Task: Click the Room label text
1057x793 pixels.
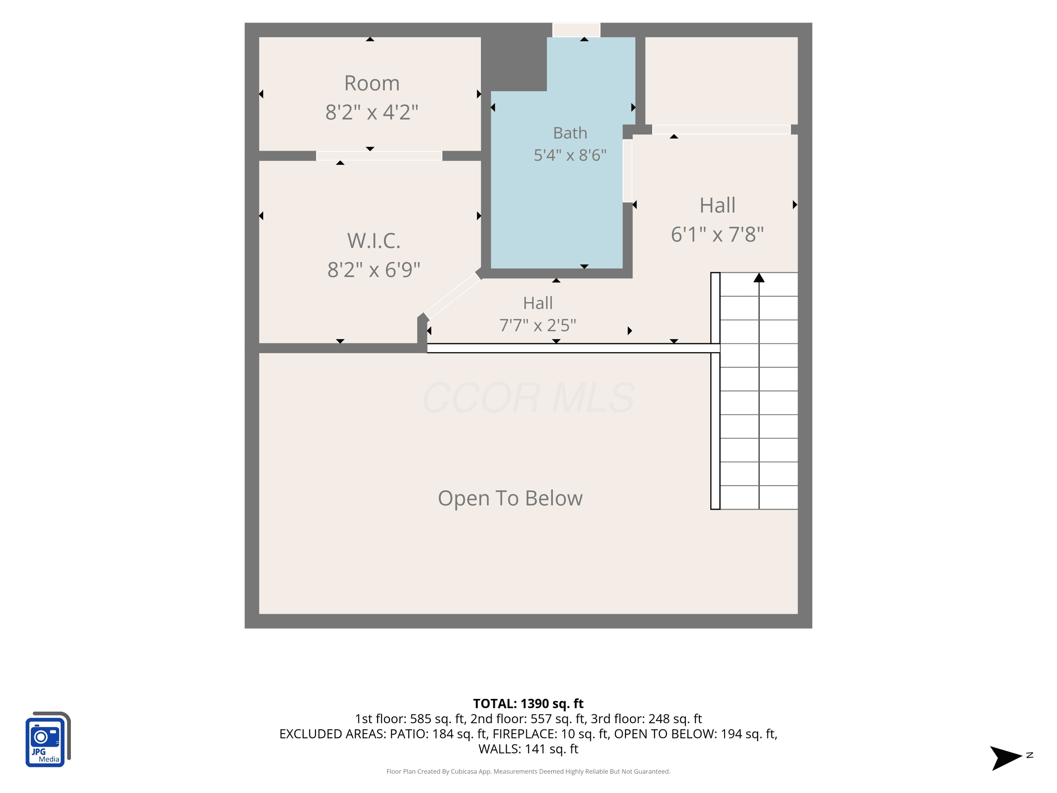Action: (x=372, y=84)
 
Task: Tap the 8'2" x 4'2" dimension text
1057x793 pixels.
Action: (x=372, y=112)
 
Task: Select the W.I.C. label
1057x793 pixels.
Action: (x=374, y=241)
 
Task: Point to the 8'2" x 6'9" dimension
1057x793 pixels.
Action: (x=374, y=270)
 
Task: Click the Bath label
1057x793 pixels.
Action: (x=570, y=133)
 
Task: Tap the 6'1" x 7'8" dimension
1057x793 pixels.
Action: (x=717, y=235)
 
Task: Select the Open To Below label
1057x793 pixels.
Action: (x=510, y=499)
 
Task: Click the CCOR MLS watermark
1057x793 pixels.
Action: (x=528, y=398)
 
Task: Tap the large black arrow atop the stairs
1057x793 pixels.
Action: (x=759, y=277)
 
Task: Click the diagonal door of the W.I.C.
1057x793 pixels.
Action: (x=452, y=296)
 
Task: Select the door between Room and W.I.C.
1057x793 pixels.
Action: (x=379, y=156)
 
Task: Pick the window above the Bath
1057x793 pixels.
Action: (x=576, y=30)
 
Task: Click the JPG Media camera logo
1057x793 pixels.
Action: (x=48, y=739)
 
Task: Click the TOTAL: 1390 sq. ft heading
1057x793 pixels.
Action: (x=528, y=703)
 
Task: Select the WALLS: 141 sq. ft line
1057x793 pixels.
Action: (x=528, y=749)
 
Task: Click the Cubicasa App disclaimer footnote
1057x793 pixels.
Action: (x=528, y=772)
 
